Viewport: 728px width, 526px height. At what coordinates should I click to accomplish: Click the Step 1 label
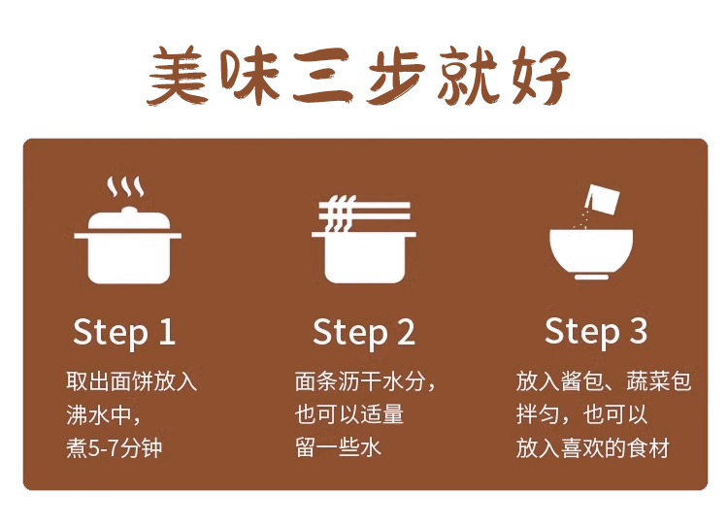tap(124, 332)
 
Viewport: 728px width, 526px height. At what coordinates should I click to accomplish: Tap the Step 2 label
tap(363, 332)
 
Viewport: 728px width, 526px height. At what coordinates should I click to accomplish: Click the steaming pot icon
tap(128, 238)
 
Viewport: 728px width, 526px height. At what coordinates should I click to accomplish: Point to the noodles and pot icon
tap(363, 241)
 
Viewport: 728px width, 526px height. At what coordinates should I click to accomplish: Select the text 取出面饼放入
tap(131, 381)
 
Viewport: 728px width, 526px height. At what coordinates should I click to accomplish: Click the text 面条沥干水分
tap(363, 381)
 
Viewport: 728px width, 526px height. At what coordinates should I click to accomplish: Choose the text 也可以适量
tap(348, 414)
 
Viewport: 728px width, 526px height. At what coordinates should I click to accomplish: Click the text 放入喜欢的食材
tap(592, 447)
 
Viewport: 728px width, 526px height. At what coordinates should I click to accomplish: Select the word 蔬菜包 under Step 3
tap(660, 381)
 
